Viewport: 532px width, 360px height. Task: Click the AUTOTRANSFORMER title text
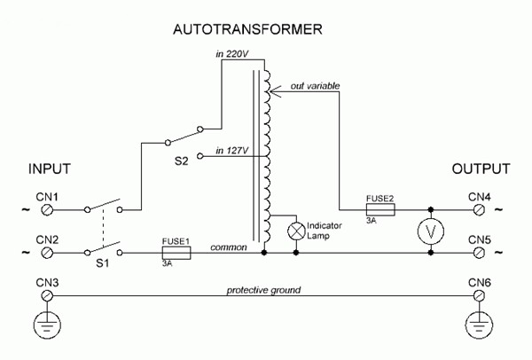tap(247, 29)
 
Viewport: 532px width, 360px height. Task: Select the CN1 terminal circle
tap(47, 210)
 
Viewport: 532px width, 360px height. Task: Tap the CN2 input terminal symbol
tap(47, 253)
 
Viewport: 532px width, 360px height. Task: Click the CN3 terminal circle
tap(47, 296)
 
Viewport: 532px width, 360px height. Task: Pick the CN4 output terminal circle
tap(479, 210)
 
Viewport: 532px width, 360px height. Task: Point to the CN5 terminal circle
tap(479, 253)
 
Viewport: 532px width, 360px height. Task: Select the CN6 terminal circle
tap(479, 296)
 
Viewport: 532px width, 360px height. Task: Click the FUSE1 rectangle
tap(176, 253)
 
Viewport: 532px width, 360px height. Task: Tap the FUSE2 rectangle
tap(380, 209)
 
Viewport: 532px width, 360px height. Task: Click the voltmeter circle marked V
tap(431, 231)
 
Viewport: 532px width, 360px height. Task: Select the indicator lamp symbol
tap(296, 231)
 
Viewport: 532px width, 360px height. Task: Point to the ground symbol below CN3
tap(47, 325)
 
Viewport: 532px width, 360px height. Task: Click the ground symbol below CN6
tap(479, 325)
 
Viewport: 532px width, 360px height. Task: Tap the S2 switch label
tap(181, 160)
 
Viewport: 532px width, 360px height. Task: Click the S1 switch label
tap(102, 263)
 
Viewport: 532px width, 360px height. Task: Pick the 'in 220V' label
tap(232, 54)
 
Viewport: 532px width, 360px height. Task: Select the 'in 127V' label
tap(232, 151)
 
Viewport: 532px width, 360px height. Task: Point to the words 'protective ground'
tap(263, 291)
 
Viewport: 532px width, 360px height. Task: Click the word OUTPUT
tap(481, 169)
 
